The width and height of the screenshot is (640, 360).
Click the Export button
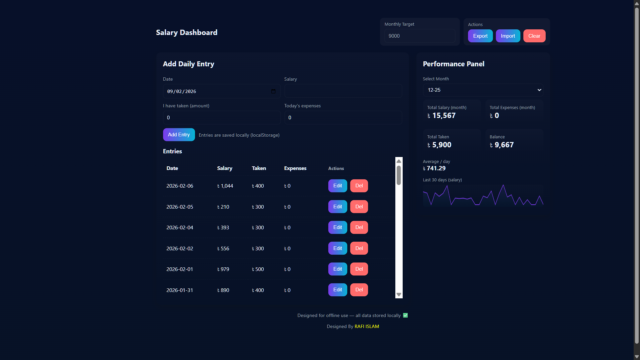[x=480, y=36]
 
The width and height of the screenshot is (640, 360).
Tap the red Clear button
[x=534, y=36]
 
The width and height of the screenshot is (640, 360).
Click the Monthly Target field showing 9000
[x=419, y=36]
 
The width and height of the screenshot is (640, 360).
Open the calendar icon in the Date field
[x=273, y=91]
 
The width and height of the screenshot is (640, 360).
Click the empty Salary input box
[x=343, y=91]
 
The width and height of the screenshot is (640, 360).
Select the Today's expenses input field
[x=343, y=118]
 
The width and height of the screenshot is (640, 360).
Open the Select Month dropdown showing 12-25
[x=483, y=90]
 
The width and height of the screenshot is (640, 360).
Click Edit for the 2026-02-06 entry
[x=337, y=186]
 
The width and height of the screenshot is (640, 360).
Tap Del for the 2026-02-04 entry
[x=359, y=227]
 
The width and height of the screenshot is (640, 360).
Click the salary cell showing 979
[x=223, y=269]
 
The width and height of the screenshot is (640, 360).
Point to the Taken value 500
[x=258, y=269]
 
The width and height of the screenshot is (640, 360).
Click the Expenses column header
[x=295, y=168]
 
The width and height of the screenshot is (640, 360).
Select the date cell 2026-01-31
[x=180, y=290]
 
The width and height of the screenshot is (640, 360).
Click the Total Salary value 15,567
[x=443, y=116]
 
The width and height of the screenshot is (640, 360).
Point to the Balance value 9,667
[x=504, y=145]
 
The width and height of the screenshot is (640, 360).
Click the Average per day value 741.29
[x=436, y=168]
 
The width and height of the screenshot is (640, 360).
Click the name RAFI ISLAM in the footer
[x=367, y=326]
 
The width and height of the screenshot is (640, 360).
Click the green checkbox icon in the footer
[x=405, y=315]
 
